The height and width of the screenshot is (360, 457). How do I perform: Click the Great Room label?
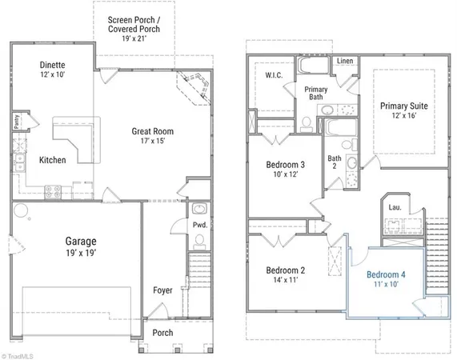click(154, 132)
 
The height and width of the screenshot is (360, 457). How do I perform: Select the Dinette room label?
click(53, 66)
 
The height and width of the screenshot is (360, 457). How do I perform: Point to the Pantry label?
click(17, 122)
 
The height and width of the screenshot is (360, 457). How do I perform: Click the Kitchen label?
click(53, 160)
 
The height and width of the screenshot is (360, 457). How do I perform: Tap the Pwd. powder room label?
click(199, 226)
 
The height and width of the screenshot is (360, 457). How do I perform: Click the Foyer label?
click(164, 290)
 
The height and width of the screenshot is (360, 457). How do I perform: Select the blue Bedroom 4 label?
click(387, 275)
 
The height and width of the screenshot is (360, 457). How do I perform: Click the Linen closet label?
click(345, 61)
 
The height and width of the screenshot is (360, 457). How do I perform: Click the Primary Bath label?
click(316, 94)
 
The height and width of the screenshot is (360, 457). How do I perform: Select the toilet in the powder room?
click(199, 210)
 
